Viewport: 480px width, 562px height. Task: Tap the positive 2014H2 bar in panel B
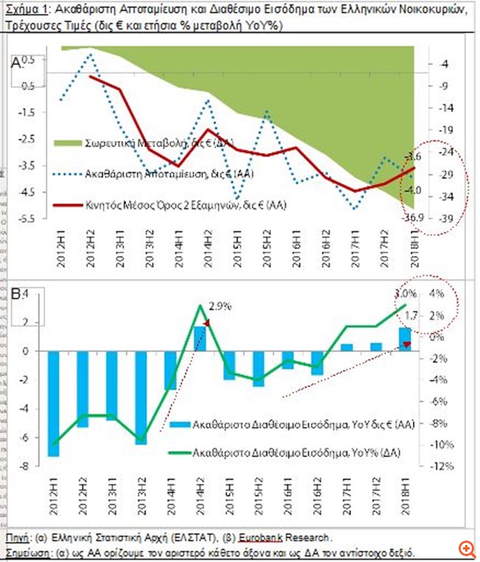tap(199, 338)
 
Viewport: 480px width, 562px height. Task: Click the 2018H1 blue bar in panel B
tap(405, 339)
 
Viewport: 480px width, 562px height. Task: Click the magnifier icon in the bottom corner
tap(466, 549)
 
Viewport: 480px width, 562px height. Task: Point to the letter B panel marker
tap(16, 295)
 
